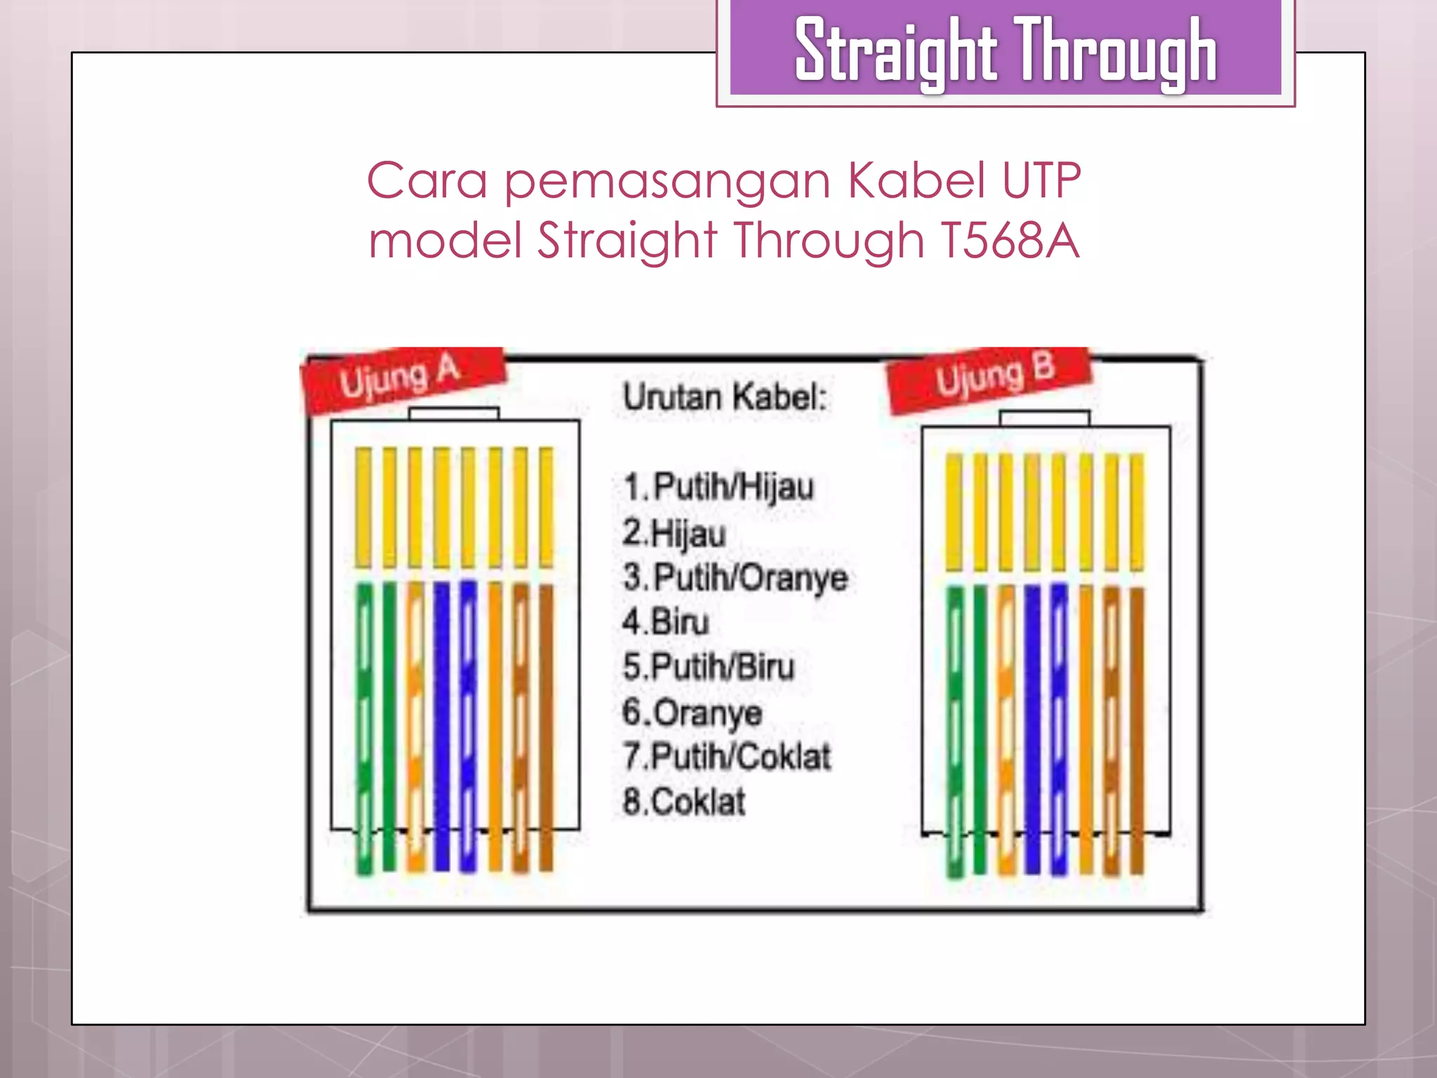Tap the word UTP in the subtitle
pyautogui.click(x=1041, y=181)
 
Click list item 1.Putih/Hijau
pyautogui.click(x=718, y=487)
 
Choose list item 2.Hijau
pyautogui.click(x=674, y=533)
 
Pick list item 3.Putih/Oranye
pyautogui.click(x=735, y=578)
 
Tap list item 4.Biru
pyautogui.click(x=665, y=623)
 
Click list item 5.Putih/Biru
pyautogui.click(x=709, y=667)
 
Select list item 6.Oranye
pyautogui.click(x=692, y=712)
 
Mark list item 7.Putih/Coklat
pyautogui.click(x=727, y=757)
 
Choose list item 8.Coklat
pyautogui.click(x=684, y=802)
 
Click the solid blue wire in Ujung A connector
pyautogui.click(x=441, y=723)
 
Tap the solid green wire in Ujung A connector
pyautogui.click(x=389, y=723)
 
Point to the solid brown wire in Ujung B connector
pyautogui.click(x=1137, y=730)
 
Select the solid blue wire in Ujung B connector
pyautogui.click(x=1032, y=730)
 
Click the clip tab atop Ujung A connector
pyautogui.click(x=454, y=413)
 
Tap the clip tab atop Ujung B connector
pyautogui.click(x=1045, y=418)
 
